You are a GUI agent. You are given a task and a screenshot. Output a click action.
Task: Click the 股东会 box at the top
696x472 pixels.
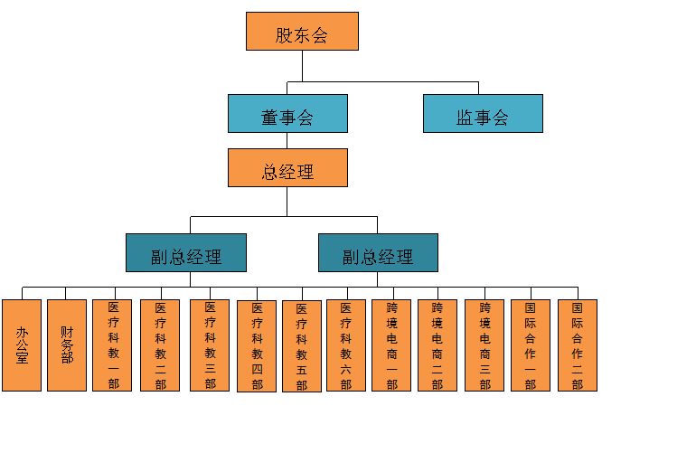coord(302,31)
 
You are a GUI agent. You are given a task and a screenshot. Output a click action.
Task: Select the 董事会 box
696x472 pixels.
coord(287,114)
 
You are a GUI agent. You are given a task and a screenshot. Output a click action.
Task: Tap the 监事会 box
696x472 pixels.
coord(483,114)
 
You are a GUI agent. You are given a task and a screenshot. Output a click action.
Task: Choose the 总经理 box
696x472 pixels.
coord(287,168)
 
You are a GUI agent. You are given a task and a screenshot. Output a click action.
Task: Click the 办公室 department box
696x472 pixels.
coord(22,345)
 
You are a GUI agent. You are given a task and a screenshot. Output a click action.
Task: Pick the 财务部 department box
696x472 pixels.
coord(67,345)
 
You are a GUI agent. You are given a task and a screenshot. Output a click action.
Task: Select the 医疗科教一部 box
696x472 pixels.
coord(112,345)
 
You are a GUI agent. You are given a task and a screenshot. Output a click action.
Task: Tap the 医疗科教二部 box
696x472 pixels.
coord(160,345)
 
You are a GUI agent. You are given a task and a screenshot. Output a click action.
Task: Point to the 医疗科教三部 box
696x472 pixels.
coord(210,345)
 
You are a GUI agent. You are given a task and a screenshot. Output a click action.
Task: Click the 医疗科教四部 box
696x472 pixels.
coord(257,346)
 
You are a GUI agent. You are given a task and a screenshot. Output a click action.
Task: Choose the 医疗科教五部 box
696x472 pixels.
coord(302,346)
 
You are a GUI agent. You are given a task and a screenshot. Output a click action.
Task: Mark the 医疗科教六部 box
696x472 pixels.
coord(346,345)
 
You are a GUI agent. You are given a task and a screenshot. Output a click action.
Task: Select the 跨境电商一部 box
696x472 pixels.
coord(391,345)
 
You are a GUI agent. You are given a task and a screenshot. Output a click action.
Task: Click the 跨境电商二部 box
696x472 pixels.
coord(437,345)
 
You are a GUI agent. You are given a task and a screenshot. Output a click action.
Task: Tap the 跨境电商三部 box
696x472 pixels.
coord(484,345)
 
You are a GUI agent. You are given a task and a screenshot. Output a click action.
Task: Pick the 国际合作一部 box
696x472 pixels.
coord(531,345)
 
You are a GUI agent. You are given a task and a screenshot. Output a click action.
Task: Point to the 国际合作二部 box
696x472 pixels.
coord(578,345)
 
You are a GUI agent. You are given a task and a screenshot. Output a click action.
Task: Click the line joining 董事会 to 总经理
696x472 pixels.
coord(287,141)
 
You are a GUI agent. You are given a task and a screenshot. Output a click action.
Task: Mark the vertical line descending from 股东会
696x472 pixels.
coord(302,66)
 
